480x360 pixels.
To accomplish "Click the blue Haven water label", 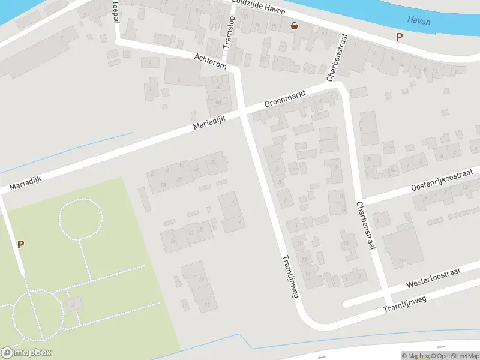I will [419, 20].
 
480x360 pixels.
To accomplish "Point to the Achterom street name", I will [211, 61].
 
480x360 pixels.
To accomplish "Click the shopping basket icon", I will [295, 26].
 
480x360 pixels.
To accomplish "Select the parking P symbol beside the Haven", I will [399, 37].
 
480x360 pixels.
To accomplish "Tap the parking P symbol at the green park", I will [21, 244].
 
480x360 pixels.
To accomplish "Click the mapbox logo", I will [26, 353].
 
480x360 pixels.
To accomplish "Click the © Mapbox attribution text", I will [415, 356].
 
